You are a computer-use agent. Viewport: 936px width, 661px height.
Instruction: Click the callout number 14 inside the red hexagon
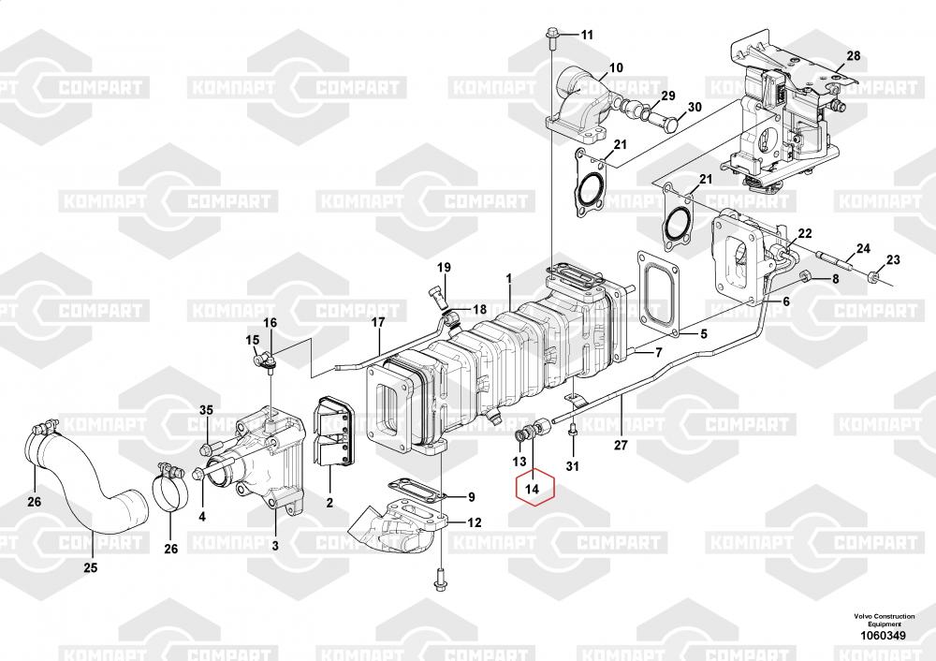[x=532, y=489]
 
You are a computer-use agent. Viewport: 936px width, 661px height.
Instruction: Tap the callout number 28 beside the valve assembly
[x=853, y=55]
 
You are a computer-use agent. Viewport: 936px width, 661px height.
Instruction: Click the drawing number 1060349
[x=883, y=636]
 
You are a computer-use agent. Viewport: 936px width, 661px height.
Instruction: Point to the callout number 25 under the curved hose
[x=90, y=567]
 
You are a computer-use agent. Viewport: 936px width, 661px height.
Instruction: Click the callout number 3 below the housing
[x=275, y=545]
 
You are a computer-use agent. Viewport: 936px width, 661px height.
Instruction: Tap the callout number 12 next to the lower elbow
[x=474, y=523]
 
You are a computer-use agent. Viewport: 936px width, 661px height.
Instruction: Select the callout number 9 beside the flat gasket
[x=472, y=497]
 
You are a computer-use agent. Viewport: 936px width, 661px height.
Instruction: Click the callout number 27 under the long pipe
[x=621, y=445]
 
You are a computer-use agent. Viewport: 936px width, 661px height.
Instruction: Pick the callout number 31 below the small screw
[x=573, y=466]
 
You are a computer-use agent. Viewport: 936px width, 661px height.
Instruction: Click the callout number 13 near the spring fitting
[x=519, y=462]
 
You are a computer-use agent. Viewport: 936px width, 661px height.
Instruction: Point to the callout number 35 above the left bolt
[x=206, y=410]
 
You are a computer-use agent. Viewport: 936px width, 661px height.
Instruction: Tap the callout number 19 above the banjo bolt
[x=444, y=268]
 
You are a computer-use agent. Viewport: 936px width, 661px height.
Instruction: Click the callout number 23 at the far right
[x=893, y=259]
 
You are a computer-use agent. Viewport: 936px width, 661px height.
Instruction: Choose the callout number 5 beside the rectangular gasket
[x=703, y=334]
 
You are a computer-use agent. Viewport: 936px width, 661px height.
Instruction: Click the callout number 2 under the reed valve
[x=329, y=503]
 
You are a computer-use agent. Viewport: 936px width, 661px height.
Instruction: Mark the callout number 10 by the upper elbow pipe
[x=616, y=67]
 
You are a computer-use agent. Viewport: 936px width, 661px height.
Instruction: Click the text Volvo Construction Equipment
[x=884, y=620]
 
